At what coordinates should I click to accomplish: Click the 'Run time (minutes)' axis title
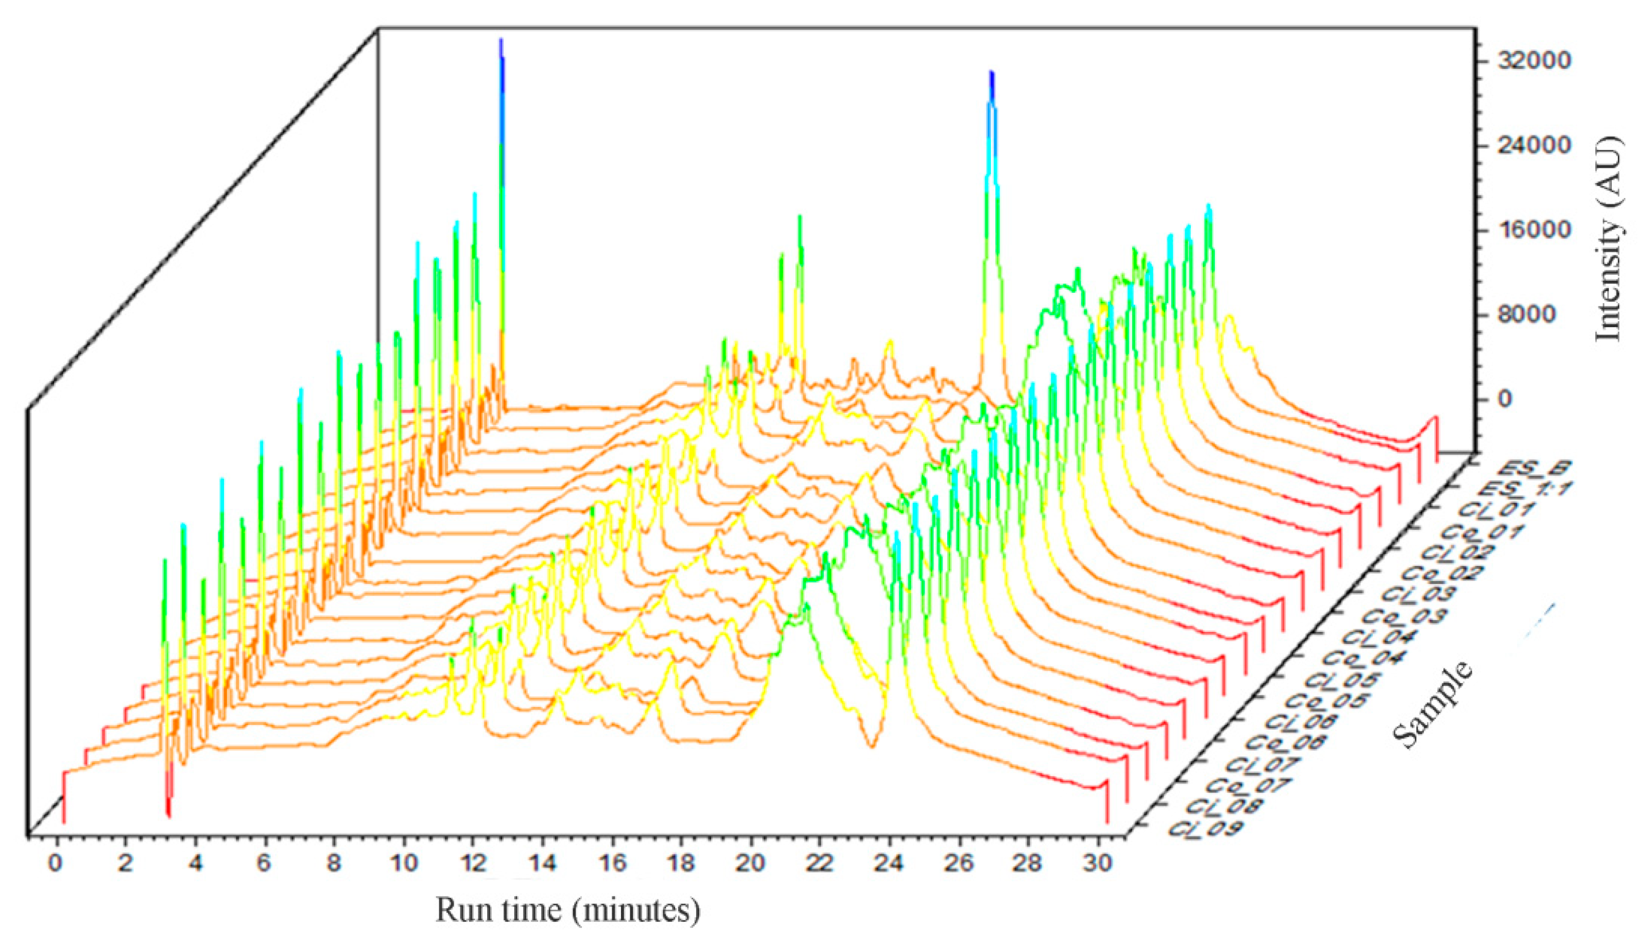coord(568,910)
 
